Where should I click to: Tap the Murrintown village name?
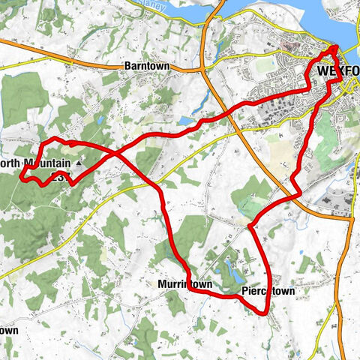[184, 285]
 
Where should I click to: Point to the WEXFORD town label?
[337, 71]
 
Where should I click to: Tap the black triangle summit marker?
[78, 161]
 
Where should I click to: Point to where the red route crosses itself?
[114, 152]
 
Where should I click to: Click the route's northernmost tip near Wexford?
[334, 49]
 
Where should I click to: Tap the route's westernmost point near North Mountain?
[21, 175]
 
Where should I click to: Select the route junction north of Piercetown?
[249, 223]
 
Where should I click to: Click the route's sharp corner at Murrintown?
[185, 271]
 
